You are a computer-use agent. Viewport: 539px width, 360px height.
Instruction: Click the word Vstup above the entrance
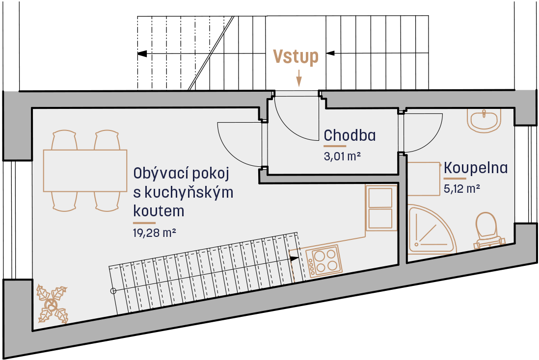[x=296, y=56]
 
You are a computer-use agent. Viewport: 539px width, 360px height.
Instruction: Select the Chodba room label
[x=350, y=135]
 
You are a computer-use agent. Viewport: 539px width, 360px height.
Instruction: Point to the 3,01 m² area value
[x=342, y=156]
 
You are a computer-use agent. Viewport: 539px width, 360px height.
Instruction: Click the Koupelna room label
[x=476, y=168]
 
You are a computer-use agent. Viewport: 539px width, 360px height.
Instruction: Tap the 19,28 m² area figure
[x=154, y=232]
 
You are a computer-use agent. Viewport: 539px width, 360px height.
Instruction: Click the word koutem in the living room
[x=159, y=211]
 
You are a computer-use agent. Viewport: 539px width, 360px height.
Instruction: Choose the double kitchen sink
[x=380, y=208]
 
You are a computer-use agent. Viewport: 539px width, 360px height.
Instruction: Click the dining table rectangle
[x=85, y=170]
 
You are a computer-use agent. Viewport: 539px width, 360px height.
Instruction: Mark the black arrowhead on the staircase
[x=294, y=258]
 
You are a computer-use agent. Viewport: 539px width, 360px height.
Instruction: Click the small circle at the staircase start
[x=113, y=291]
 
